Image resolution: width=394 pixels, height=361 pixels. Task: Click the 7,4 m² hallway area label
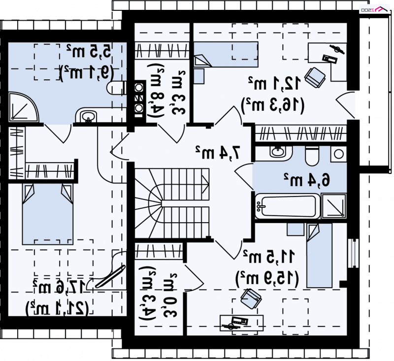pyautogui.click(x=217, y=153)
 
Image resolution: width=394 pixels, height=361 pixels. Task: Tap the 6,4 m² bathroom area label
pyautogui.click(x=306, y=180)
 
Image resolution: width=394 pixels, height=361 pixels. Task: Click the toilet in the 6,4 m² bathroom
pyautogui.click(x=312, y=155)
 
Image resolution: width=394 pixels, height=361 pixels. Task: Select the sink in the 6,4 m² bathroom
pyautogui.click(x=278, y=151)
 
